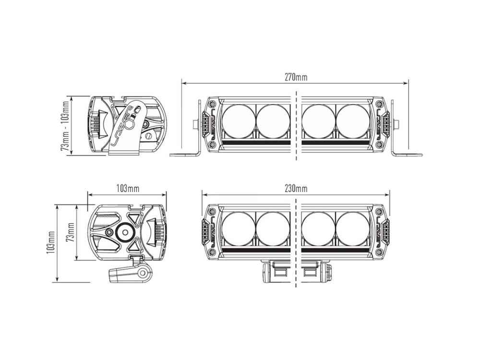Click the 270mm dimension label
point(295,77)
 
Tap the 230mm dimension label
point(296,188)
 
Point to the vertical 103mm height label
point(50,243)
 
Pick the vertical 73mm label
point(70,232)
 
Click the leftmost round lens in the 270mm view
point(239,121)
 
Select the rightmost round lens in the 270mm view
point(353,121)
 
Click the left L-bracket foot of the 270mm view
point(185,155)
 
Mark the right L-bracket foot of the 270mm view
point(408,155)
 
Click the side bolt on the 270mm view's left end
point(196,124)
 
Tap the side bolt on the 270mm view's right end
point(396,124)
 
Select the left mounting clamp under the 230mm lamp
point(276,272)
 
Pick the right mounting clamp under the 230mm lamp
point(317,272)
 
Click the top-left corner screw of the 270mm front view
point(212,104)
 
